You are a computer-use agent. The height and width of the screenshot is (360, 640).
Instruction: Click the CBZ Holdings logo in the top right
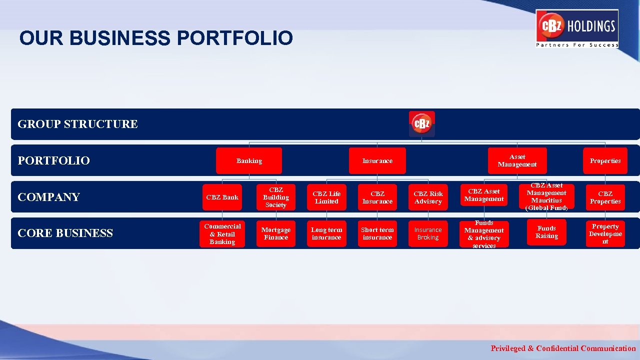(x=577, y=28)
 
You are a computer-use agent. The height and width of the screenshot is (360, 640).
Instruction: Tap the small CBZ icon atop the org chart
(x=422, y=124)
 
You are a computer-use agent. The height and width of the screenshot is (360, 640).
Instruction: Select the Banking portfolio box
(x=249, y=161)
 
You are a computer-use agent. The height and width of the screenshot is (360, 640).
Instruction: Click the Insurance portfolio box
(x=377, y=161)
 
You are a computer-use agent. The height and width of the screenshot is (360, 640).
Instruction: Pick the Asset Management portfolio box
(x=517, y=161)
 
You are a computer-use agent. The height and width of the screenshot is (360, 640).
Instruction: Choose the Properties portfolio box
(x=605, y=161)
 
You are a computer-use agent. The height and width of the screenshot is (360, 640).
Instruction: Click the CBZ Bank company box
(x=222, y=197)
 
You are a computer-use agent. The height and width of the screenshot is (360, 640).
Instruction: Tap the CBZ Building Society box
(x=276, y=197)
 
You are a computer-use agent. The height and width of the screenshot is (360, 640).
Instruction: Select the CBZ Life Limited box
(x=326, y=197)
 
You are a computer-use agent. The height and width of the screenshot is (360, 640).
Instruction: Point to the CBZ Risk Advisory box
(x=428, y=197)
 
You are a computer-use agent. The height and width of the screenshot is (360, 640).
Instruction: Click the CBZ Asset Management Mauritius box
(x=546, y=196)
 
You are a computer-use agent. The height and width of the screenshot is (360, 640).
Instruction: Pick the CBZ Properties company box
(x=605, y=197)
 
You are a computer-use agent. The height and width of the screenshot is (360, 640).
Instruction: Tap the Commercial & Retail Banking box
(x=222, y=234)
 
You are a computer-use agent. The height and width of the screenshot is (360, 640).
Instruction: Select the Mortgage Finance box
(x=276, y=233)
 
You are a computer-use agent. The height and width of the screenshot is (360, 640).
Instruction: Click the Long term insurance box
(x=326, y=233)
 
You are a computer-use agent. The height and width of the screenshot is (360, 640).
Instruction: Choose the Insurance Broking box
(x=428, y=233)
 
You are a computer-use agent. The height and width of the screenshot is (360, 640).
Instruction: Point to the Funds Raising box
(x=546, y=232)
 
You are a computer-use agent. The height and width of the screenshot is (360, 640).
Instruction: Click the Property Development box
(x=605, y=234)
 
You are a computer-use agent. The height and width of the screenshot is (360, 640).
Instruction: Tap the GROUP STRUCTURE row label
(x=77, y=124)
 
